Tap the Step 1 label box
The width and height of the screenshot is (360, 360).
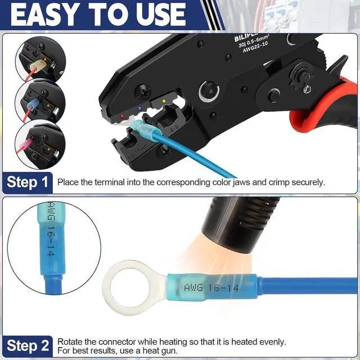click(28, 182)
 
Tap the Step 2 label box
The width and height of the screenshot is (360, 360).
click(28, 345)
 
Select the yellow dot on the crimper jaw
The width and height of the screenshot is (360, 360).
click(164, 102)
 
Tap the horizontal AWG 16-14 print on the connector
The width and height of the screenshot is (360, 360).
click(211, 288)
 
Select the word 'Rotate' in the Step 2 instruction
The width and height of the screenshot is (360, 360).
click(70, 341)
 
